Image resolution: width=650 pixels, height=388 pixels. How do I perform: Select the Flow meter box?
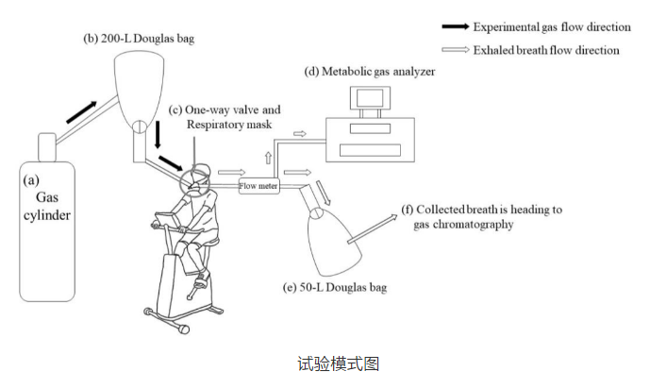(x=258, y=185)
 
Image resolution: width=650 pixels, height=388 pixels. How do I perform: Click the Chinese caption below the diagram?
(x=325, y=363)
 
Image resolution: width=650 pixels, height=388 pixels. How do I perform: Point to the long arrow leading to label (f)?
(x=372, y=228)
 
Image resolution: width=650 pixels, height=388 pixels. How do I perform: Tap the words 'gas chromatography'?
(x=461, y=226)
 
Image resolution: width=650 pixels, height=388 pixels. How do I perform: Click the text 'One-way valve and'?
(x=225, y=110)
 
